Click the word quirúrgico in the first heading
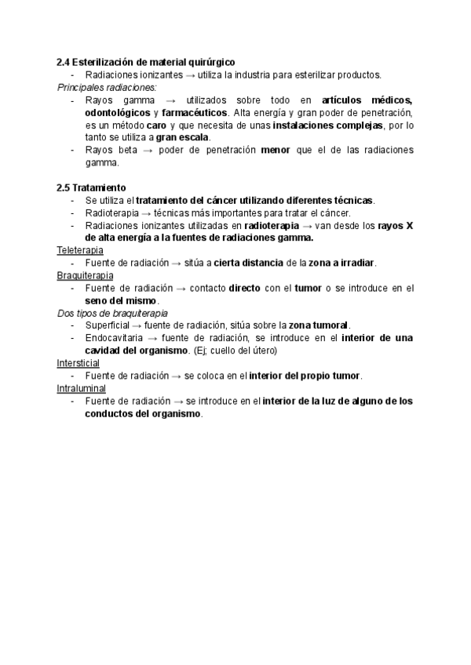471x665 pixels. click(210, 61)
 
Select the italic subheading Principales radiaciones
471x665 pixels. click(107, 87)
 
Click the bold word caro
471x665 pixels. click(156, 125)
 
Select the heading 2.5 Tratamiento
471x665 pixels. click(90, 188)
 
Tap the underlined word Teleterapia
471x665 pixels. click(80, 250)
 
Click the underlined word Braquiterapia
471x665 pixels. click(85, 276)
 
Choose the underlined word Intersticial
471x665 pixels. click(78, 364)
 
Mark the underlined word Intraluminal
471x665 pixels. click(81, 389)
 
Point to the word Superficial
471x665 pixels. click(108, 326)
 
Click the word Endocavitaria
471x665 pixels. click(114, 339)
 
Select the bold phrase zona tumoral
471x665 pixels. click(318, 326)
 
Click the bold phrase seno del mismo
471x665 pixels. click(121, 300)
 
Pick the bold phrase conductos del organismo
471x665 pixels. click(143, 414)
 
